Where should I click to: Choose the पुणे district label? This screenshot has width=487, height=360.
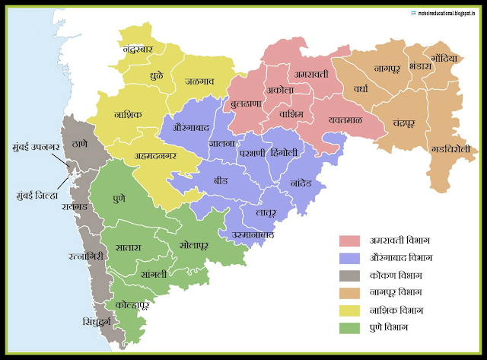[x=119, y=198]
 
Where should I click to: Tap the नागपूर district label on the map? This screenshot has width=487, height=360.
[x=392, y=68]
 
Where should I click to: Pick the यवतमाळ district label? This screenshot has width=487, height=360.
[x=339, y=120]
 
